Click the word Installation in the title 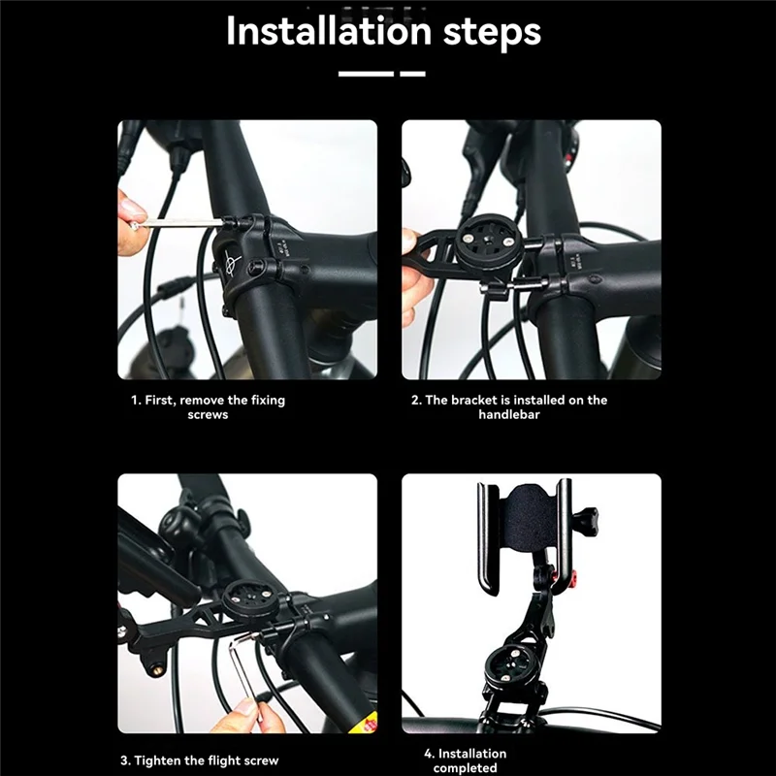[329, 31]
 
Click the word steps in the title [492, 33]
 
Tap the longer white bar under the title [366, 74]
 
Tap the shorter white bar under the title [413, 74]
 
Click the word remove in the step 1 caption [203, 400]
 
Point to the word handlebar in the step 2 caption [508, 414]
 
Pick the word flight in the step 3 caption [225, 760]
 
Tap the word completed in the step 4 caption [465, 768]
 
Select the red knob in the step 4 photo [573, 577]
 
